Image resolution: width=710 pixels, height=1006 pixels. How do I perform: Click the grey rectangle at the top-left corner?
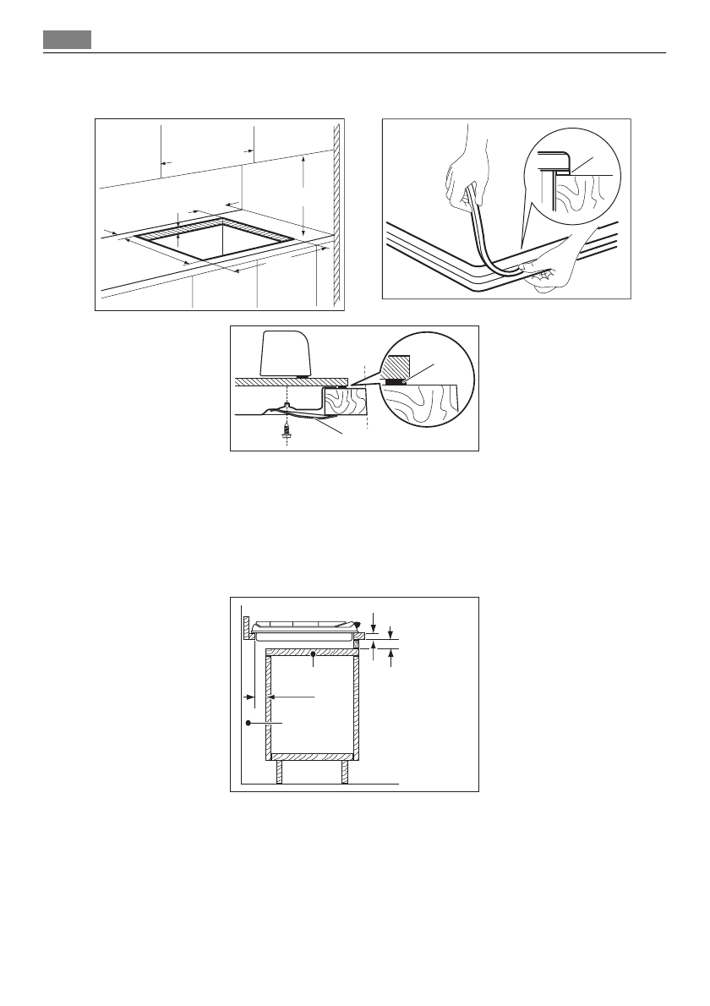pyautogui.click(x=67, y=40)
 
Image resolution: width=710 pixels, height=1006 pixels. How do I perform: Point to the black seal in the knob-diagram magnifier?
pyautogui.click(x=393, y=381)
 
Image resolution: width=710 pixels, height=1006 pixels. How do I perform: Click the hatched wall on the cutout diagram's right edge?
pyautogui.click(x=336, y=216)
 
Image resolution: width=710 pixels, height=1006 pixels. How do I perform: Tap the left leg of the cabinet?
pyautogui.click(x=280, y=771)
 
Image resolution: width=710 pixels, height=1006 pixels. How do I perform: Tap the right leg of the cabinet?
pyautogui.click(x=344, y=771)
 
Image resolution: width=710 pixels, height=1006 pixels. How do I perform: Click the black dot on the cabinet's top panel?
pyautogui.click(x=313, y=653)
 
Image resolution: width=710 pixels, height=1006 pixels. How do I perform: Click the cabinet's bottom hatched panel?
pyautogui.click(x=312, y=755)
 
